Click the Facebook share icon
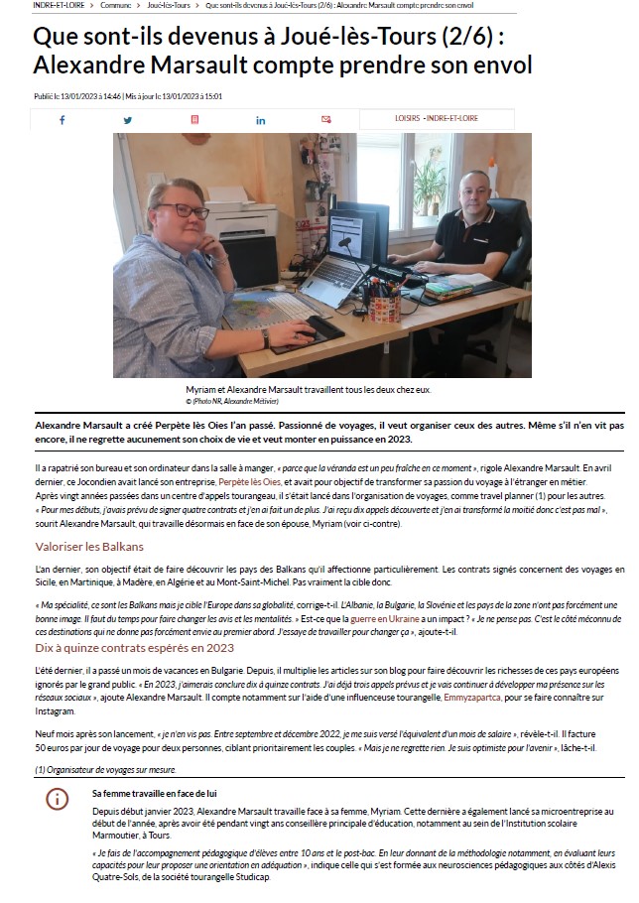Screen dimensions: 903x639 click(x=62, y=120)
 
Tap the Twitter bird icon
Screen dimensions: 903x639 click(x=128, y=120)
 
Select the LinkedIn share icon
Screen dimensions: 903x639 click(x=261, y=120)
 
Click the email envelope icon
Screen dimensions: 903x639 click(x=326, y=120)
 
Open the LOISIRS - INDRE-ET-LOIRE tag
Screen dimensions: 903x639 click(x=436, y=119)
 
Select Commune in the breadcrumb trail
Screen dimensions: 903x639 click(x=117, y=6)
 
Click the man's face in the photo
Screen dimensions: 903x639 click(x=475, y=193)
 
